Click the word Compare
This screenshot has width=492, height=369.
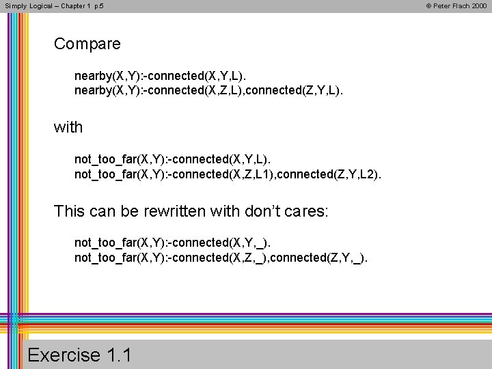[87, 44]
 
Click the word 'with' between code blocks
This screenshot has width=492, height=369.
[68, 127]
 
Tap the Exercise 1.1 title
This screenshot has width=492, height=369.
[80, 355]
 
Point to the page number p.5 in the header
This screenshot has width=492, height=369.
[99, 5]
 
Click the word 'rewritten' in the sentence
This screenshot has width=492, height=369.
[176, 211]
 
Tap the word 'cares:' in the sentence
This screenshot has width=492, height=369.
[305, 211]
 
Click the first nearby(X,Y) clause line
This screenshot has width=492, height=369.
[169, 75]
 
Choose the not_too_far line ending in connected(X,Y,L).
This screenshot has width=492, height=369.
[177, 159]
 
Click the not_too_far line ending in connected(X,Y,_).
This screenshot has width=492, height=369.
[177, 243]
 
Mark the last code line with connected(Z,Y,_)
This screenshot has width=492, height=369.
[221, 258]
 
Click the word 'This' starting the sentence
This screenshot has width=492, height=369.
[69, 211]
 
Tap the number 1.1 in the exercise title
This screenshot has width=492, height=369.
[120, 355]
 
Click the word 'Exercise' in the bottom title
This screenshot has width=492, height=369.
[64, 355]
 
